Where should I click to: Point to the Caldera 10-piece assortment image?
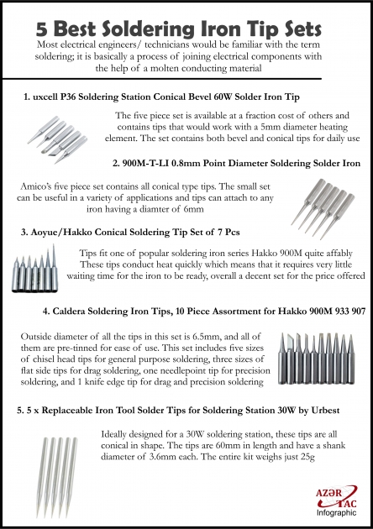[x=323, y=359]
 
